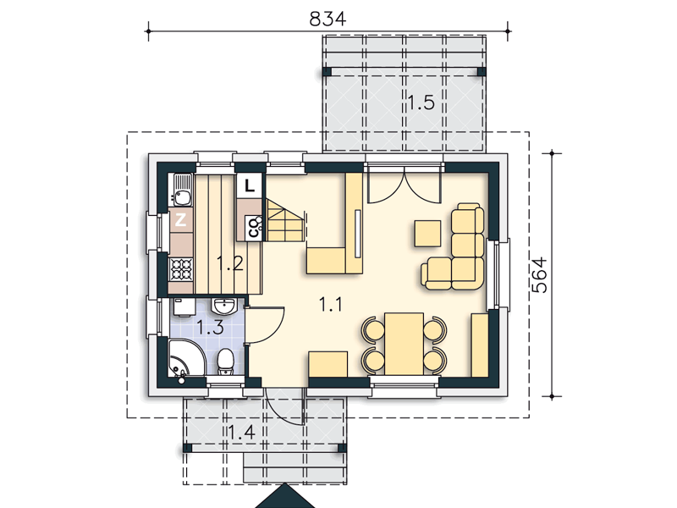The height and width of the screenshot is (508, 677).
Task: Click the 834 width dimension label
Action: pos(327,19)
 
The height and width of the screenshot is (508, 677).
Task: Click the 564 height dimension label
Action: pos(539,275)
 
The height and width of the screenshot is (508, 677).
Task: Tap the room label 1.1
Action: pos(331,304)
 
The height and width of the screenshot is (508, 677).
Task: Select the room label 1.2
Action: pos(230,263)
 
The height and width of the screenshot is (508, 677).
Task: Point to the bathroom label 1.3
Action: pos(210,327)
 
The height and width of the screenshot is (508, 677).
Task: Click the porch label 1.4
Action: pos(241,433)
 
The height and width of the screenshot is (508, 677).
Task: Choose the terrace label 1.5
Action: pos(421,102)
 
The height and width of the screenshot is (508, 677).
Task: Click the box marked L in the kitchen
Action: pos(249,185)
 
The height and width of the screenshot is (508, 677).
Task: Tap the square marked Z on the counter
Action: pos(181,220)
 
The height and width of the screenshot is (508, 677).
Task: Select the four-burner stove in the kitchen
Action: pos(181,269)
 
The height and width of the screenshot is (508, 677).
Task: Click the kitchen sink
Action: pos(183,190)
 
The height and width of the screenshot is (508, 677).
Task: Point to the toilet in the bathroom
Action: pos(225,362)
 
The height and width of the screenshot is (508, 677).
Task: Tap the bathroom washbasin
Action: pos(223,306)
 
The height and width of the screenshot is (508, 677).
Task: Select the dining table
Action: pos(405,345)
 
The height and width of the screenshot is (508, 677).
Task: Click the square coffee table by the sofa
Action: pos(427,234)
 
